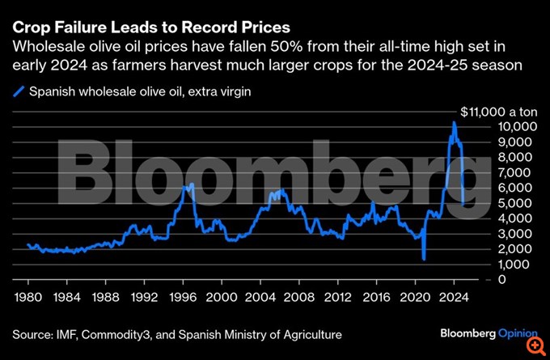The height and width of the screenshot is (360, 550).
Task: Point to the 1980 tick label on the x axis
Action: pyautogui.click(x=28, y=295)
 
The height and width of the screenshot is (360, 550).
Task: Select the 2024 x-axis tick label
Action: pyautogui.click(x=454, y=295)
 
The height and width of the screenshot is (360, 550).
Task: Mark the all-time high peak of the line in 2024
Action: pyautogui.click(x=454, y=122)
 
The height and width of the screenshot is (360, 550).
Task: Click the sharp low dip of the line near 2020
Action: pyautogui.click(x=424, y=259)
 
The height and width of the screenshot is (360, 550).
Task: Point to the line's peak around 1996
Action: pyautogui.click(x=188, y=185)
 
